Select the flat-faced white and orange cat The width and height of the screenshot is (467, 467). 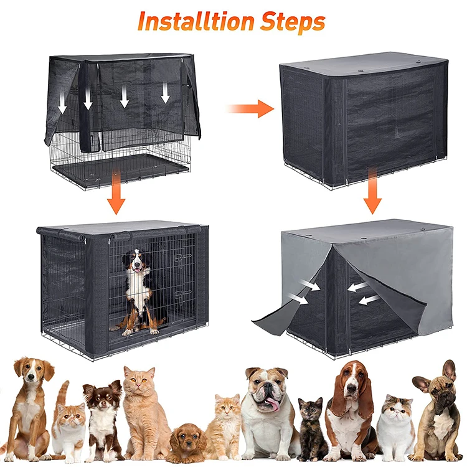(x=397, y=423)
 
